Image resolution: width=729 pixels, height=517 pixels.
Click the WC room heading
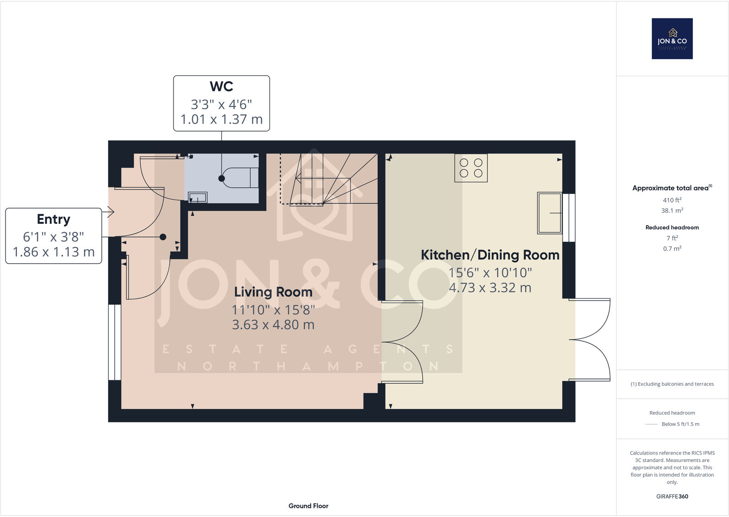[221, 87]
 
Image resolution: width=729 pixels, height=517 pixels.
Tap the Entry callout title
[53, 219]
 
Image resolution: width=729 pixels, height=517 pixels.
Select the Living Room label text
[273, 292]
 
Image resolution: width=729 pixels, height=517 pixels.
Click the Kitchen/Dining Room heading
[490, 255]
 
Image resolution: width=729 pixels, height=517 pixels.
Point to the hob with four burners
[471, 168]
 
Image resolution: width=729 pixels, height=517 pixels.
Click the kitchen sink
[550, 213]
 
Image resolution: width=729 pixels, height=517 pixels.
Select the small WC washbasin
[198, 197]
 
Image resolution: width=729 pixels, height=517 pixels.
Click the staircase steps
[329, 179]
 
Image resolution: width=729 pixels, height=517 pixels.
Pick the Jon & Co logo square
[672, 39]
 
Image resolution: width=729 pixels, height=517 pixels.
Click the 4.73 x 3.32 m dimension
[490, 288]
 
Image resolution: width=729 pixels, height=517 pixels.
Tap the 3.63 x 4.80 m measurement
[273, 325]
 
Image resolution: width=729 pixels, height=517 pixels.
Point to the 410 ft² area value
[672, 200]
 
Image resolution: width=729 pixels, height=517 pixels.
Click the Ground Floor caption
[309, 506]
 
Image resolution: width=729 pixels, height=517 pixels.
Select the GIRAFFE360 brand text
[672, 496]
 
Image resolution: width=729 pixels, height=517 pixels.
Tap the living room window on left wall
[115, 342]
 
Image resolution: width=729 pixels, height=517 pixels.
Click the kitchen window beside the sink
[569, 218]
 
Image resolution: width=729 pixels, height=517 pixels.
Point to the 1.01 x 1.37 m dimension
[221, 119]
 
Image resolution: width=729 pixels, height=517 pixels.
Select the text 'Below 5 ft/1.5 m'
[680, 424]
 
